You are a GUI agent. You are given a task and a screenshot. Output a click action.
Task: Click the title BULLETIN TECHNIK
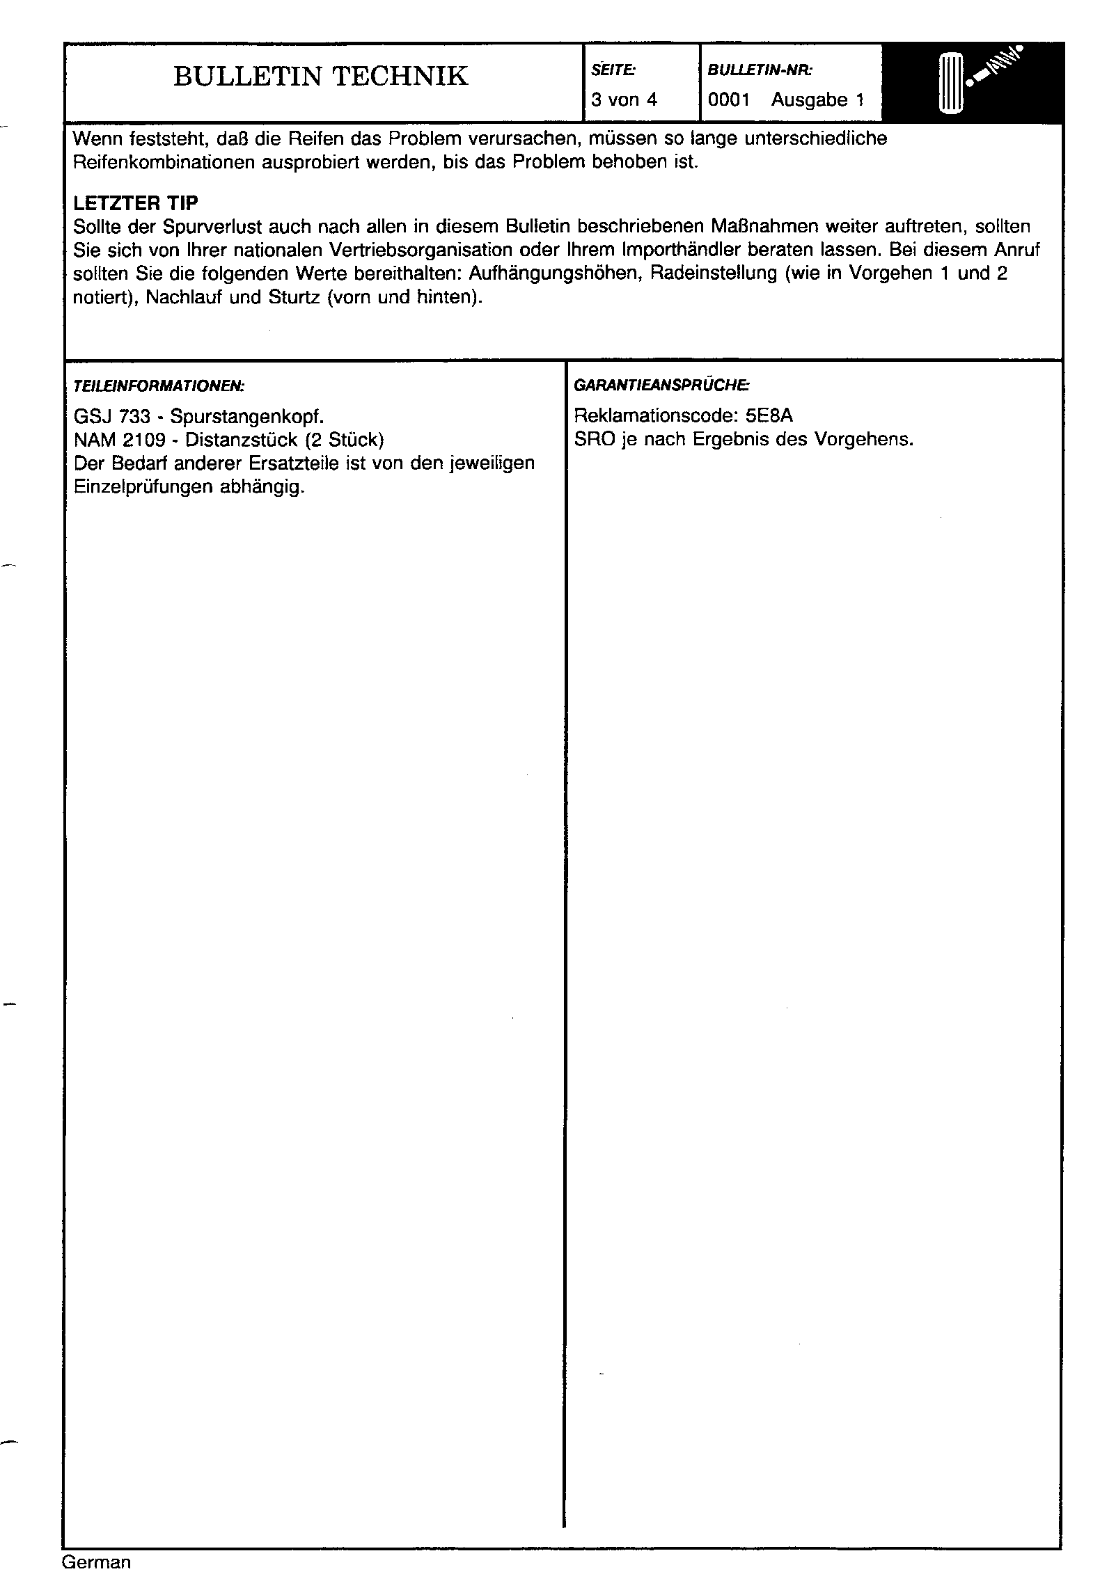click(320, 77)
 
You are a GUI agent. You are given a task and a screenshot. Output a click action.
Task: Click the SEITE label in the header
click(613, 70)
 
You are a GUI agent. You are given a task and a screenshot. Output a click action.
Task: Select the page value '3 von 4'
click(624, 100)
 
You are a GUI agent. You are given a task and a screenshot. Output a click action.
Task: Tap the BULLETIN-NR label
click(760, 70)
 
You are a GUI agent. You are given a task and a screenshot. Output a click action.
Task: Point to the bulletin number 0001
click(728, 100)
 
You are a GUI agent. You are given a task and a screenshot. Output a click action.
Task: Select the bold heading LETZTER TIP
click(135, 203)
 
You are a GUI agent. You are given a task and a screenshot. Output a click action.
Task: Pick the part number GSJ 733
click(112, 417)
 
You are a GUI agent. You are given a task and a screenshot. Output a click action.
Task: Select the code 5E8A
click(769, 416)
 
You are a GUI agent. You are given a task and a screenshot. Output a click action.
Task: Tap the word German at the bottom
click(96, 1561)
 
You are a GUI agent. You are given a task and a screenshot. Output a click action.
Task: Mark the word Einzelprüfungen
click(143, 487)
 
